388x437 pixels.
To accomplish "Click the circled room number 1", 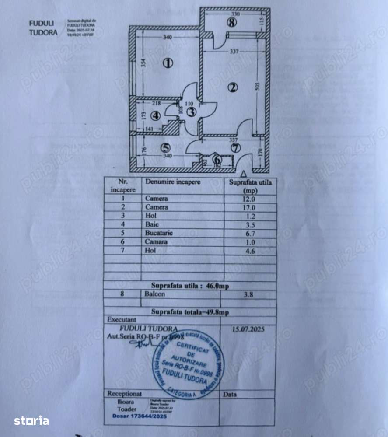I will (x=168, y=63).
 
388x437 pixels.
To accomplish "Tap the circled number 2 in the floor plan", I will (x=233, y=87).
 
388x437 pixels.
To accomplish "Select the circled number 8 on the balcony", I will (x=232, y=23).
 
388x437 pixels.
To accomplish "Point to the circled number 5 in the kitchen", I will (x=164, y=148).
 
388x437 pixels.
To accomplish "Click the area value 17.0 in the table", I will (x=250, y=207).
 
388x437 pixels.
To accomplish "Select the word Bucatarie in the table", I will (x=159, y=233).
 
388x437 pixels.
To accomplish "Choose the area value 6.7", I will (x=250, y=233).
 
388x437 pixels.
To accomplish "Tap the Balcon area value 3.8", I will (x=250, y=294).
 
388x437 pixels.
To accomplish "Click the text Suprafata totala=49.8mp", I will (x=190, y=312).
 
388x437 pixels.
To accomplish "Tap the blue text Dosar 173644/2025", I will (x=136, y=416).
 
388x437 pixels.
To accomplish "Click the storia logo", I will (x=31, y=421).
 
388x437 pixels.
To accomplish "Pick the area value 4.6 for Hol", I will (x=250, y=251).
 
